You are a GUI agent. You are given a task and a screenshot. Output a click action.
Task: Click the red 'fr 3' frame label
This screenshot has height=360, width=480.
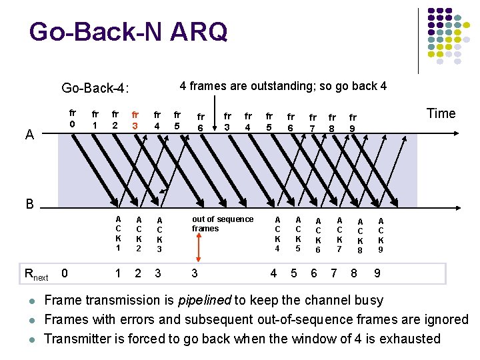point(135,120)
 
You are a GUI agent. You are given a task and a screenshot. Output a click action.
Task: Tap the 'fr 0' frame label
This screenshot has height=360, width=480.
point(73,119)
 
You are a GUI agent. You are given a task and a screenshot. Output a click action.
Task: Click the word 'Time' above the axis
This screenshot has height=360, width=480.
point(441,113)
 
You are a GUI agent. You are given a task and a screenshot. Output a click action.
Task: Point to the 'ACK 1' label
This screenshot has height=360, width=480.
point(118,233)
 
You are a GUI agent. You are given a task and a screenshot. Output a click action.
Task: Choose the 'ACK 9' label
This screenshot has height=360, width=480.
point(381,235)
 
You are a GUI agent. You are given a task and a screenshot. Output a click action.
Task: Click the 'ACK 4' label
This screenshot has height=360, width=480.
point(278,233)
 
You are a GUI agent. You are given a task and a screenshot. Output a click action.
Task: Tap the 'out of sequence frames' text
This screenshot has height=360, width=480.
point(222,223)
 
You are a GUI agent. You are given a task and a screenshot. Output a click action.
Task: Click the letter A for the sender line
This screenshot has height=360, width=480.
point(29,135)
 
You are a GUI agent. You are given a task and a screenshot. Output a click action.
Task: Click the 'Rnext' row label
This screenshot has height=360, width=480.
point(36,273)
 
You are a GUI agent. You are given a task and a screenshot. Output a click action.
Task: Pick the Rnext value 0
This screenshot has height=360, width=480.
point(64,272)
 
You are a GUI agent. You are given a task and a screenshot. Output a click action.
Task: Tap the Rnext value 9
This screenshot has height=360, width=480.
point(377,273)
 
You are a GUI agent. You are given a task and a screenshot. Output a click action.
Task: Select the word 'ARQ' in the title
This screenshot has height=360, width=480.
point(199,31)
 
